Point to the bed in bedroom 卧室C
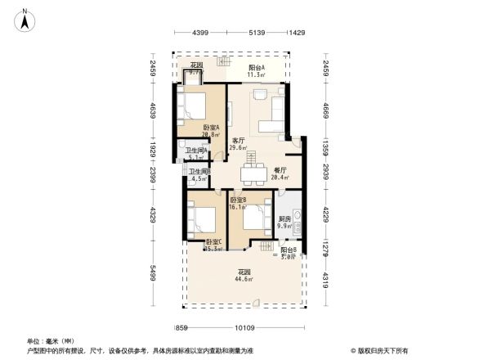[x=200, y=219]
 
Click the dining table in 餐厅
[x=251, y=173]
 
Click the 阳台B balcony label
[x=288, y=253]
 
